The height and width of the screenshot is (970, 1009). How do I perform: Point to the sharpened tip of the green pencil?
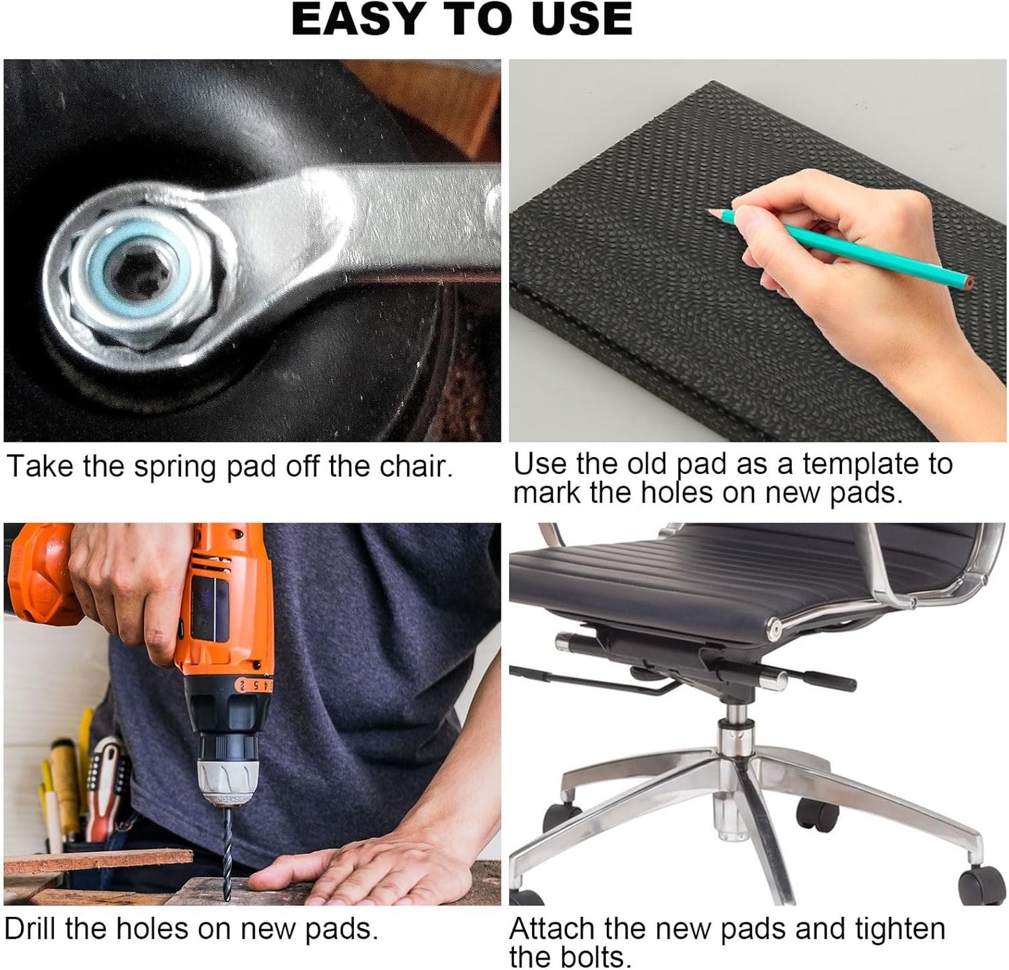pos(710,211)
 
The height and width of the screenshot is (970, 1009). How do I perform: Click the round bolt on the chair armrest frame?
pos(774,628)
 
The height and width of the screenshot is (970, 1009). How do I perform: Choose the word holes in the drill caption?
pos(152,928)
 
